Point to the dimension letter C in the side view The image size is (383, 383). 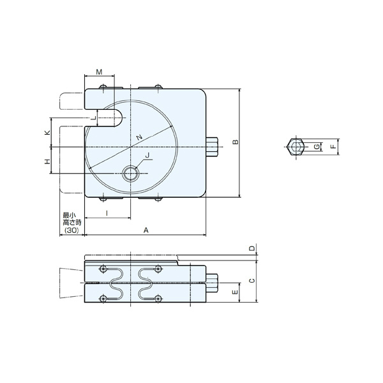click(252, 280)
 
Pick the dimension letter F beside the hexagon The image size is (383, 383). click(332, 147)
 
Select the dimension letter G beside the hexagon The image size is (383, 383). click(317, 147)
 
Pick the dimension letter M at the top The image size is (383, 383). click(100, 73)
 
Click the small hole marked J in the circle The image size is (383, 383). click(131, 174)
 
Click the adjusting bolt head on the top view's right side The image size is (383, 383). click(212, 147)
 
